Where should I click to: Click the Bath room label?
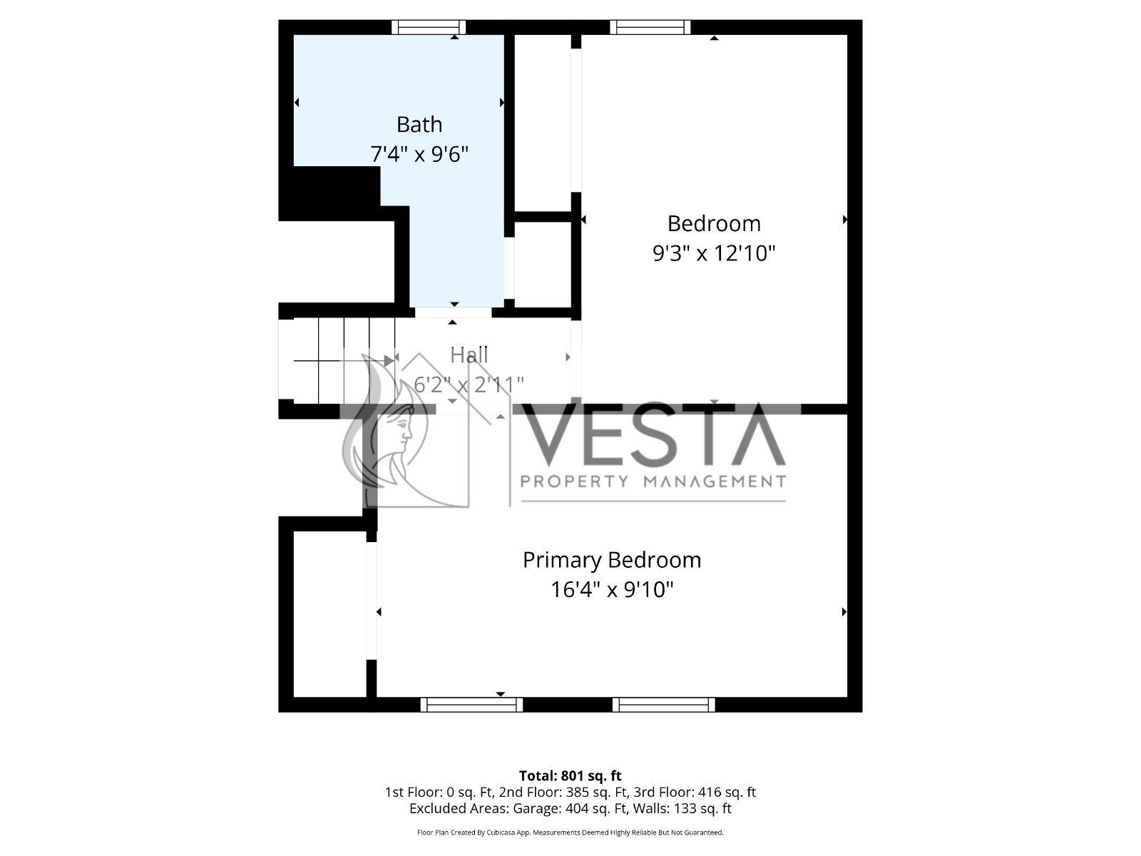tap(419, 125)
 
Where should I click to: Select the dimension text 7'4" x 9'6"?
tap(419, 154)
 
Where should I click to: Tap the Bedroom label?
tap(714, 223)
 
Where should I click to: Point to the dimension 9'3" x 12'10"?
tap(714, 254)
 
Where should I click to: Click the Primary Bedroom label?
tap(612, 560)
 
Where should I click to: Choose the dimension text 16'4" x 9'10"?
tap(612, 590)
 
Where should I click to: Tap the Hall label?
tap(469, 355)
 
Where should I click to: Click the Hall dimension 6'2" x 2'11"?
tap(469, 385)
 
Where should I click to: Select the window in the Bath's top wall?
tap(429, 27)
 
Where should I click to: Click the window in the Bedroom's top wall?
tap(650, 27)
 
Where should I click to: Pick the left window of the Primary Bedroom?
tap(471, 705)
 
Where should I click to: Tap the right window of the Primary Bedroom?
tap(664, 705)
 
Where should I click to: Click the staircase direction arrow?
tap(344, 360)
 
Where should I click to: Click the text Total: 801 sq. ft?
tap(570, 776)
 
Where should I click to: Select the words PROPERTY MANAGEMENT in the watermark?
tap(653, 481)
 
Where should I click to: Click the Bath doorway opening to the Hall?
tap(454, 312)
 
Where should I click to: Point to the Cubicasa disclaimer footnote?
tap(570, 832)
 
